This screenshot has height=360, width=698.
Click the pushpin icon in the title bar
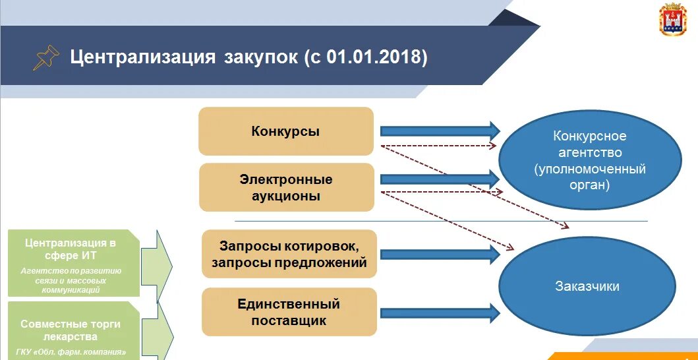45,57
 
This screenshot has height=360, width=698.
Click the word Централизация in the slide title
142,57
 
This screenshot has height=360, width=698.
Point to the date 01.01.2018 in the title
373,57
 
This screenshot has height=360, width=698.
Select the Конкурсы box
285,131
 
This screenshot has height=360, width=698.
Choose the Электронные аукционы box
285,187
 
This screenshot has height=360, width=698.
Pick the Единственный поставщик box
289,313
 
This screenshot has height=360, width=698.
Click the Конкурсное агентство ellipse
589,160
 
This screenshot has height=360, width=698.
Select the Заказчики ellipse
587,287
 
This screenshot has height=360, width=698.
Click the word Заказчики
587,287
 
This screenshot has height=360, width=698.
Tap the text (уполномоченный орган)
589,177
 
